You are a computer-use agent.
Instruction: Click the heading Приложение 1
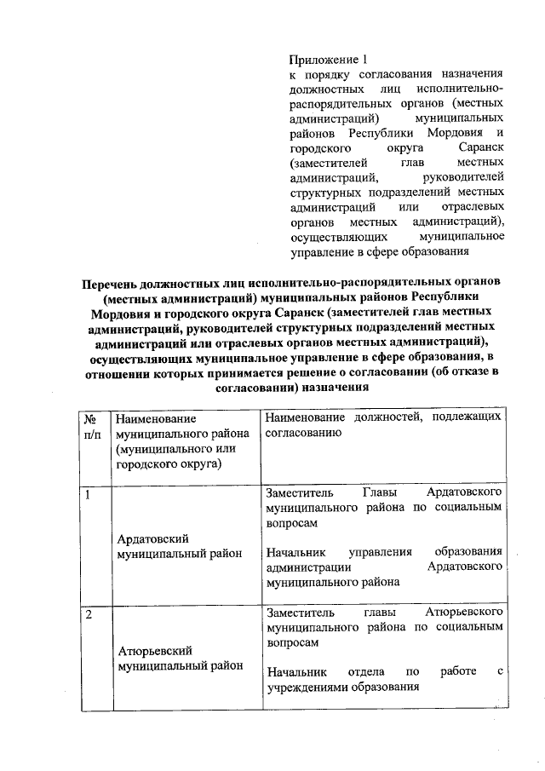(x=328, y=60)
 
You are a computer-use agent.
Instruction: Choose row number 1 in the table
(x=88, y=495)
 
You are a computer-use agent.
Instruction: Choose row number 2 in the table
(x=88, y=613)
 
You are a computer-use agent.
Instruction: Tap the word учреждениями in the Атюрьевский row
(x=308, y=688)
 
